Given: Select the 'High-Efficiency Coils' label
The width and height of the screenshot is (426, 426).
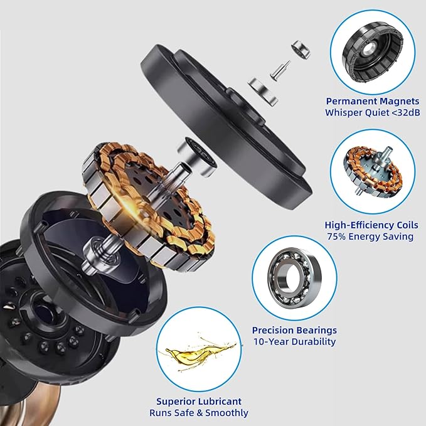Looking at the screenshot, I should (371, 225).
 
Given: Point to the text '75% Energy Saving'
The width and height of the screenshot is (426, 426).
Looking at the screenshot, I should (370, 237).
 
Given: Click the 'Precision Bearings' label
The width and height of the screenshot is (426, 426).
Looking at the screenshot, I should (294, 330).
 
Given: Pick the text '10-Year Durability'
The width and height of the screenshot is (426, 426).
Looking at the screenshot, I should (295, 342).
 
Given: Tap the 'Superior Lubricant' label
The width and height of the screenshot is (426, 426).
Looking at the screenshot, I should (198, 401).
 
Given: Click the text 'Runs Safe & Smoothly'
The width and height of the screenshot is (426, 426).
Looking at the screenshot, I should (198, 413).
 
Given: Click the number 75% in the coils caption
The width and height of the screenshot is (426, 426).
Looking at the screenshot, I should (337, 237).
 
